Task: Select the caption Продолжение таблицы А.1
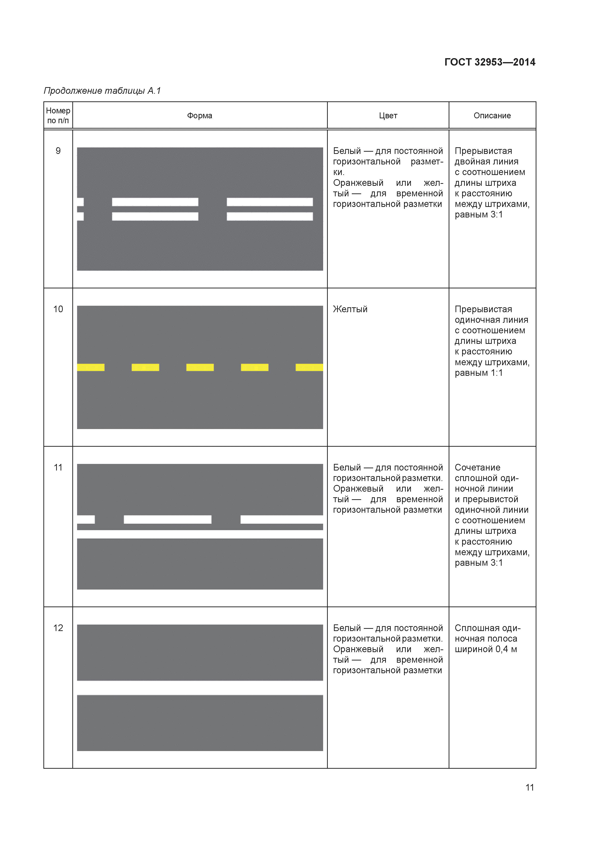click(102, 91)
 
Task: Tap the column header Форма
click(200, 116)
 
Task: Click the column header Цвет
click(388, 116)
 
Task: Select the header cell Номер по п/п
click(58, 116)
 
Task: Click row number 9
click(58, 151)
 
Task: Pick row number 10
click(58, 309)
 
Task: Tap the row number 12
click(58, 628)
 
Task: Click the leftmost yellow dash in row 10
click(91, 367)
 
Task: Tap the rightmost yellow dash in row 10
click(309, 367)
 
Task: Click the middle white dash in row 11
click(167, 519)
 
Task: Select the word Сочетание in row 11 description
click(477, 467)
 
